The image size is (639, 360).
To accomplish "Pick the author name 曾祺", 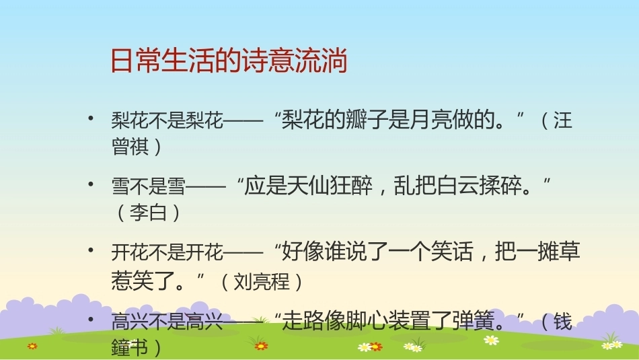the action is (x=130, y=146).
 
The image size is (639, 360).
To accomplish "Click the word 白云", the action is (x=457, y=186).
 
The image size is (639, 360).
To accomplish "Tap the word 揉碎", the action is (x=500, y=186).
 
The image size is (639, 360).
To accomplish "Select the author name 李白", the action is (x=149, y=213).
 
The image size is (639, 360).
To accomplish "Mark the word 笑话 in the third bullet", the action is (x=452, y=252).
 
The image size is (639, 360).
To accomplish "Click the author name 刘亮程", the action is (x=261, y=281).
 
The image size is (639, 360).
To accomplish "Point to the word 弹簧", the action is (x=473, y=320).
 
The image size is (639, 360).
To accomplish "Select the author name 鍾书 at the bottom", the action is (x=130, y=347).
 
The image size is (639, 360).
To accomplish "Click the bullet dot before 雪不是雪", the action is (x=91, y=184).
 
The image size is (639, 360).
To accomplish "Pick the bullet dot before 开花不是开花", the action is (x=91, y=250).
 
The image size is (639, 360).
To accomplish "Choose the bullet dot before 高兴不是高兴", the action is (x=91, y=319).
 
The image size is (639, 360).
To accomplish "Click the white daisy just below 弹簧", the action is (x=492, y=340).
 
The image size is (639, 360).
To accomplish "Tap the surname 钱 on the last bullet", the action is (x=563, y=321).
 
